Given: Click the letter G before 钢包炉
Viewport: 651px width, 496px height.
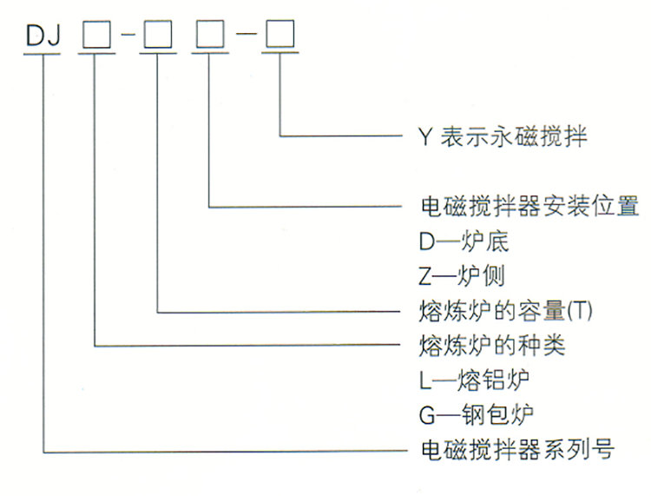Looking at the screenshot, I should [x=426, y=415].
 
